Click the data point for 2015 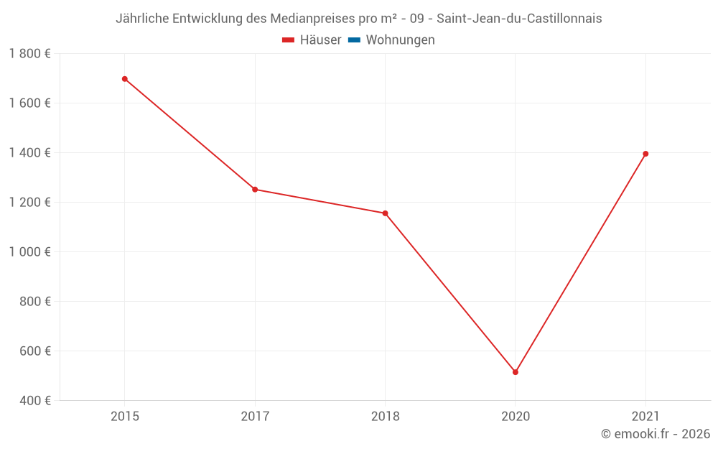coord(125,79)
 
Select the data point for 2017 coord(255,190)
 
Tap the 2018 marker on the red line coord(386,213)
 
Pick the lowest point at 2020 coord(516,372)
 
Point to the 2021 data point coord(645,154)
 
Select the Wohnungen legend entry coord(400,40)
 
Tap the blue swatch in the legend coord(354,40)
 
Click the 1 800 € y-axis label coord(29,54)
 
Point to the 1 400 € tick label coord(29,153)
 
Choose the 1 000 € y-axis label coord(29,252)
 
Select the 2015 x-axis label coord(125,416)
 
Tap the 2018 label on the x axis coord(386,416)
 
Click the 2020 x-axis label coord(516,416)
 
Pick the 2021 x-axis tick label coord(645,416)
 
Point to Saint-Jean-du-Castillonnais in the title coord(519,19)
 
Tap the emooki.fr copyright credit coord(656,434)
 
